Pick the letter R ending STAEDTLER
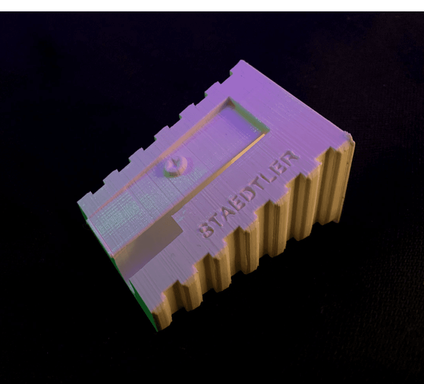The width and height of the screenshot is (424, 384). pyautogui.click(x=290, y=158)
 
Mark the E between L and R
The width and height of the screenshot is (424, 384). pyautogui.click(x=280, y=167)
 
